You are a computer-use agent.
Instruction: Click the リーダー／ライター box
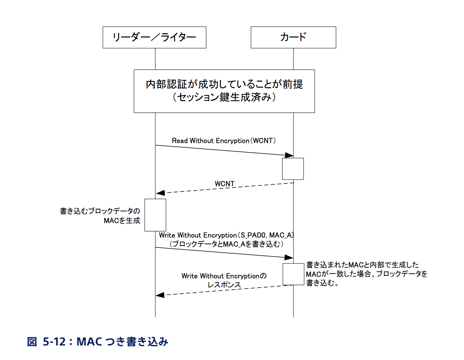click(x=154, y=37)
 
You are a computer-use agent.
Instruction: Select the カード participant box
click(x=293, y=37)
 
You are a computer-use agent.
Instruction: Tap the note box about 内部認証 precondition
click(x=224, y=91)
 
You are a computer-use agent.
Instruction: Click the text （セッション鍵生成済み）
click(x=224, y=98)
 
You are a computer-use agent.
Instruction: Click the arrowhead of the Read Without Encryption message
click(x=289, y=156)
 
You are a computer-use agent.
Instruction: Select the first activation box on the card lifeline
click(x=293, y=169)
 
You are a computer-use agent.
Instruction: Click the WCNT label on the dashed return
click(x=225, y=184)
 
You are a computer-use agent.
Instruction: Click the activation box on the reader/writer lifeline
click(x=155, y=215)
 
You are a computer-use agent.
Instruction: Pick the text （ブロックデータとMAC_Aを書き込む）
click(x=226, y=244)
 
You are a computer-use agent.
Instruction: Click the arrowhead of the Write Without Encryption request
click(x=289, y=257)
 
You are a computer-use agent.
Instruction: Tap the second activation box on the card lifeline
click(x=293, y=274)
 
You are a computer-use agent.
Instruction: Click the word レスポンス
click(x=224, y=285)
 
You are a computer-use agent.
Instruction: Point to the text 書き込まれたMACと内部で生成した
click(x=362, y=265)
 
